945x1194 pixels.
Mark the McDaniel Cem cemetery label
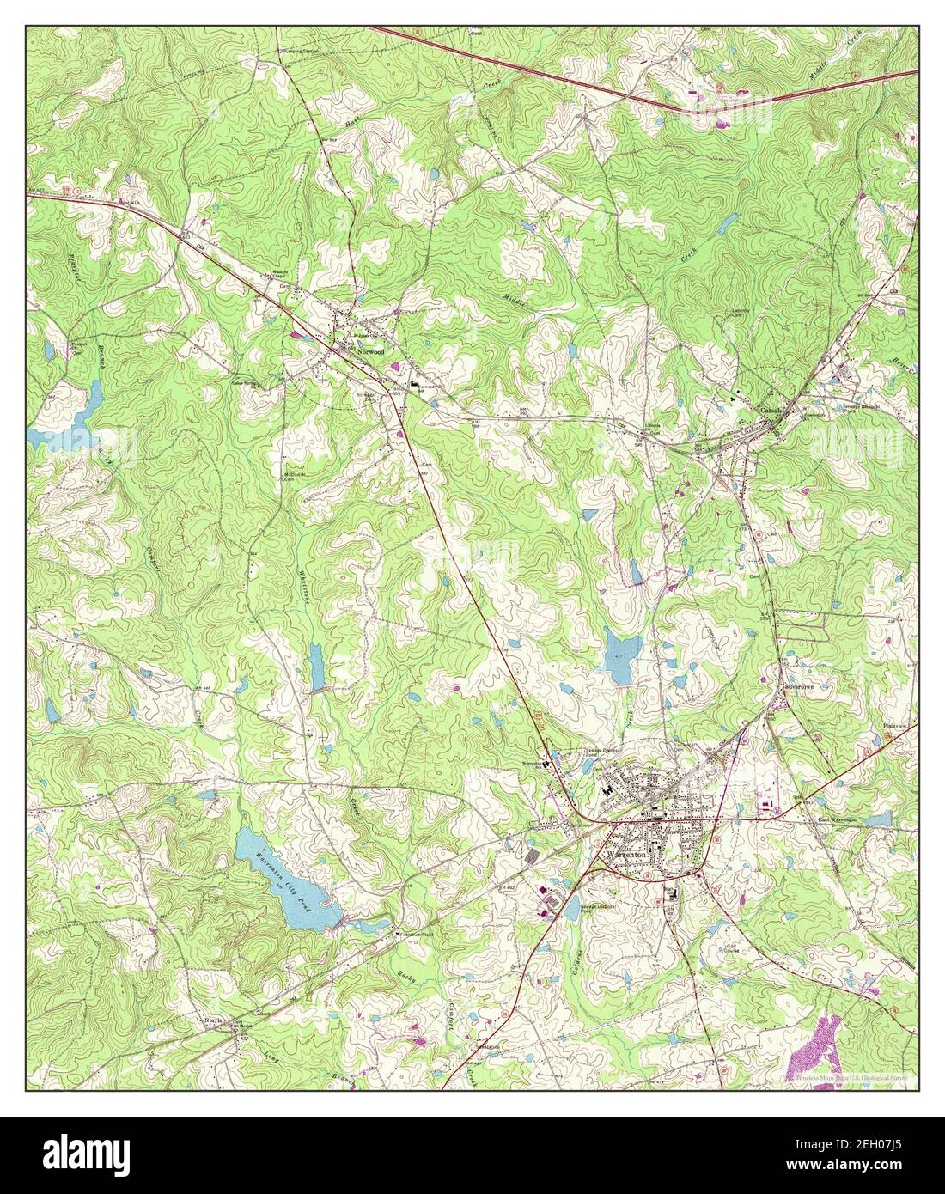[295, 477]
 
